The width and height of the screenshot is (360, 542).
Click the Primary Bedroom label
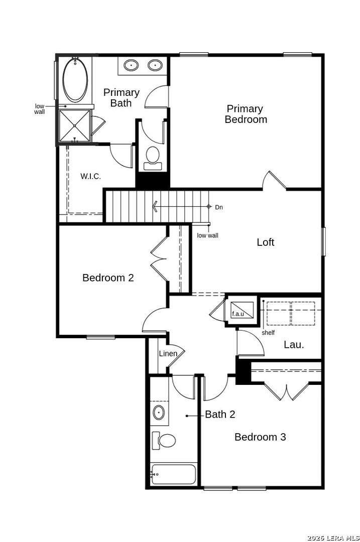click(246, 114)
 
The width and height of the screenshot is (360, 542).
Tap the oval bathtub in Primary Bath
click(75, 80)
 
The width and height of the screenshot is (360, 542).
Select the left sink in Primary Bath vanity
click(132, 65)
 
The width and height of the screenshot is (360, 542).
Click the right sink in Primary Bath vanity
click(156, 65)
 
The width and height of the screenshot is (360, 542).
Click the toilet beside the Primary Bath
click(152, 156)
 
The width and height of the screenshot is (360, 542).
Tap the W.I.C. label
click(91, 176)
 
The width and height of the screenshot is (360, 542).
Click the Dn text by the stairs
click(219, 207)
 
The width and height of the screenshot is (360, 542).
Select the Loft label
click(266, 242)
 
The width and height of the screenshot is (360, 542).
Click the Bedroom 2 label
click(108, 278)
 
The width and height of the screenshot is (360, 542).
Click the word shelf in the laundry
click(268, 333)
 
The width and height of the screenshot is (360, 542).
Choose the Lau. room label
click(294, 345)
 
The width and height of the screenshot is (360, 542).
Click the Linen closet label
click(168, 354)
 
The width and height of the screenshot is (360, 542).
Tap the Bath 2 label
click(220, 415)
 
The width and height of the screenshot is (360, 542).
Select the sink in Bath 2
click(159, 413)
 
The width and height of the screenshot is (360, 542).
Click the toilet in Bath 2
click(164, 441)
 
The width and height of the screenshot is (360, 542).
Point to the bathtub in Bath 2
click(173, 474)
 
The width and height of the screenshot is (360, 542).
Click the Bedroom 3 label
click(260, 437)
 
